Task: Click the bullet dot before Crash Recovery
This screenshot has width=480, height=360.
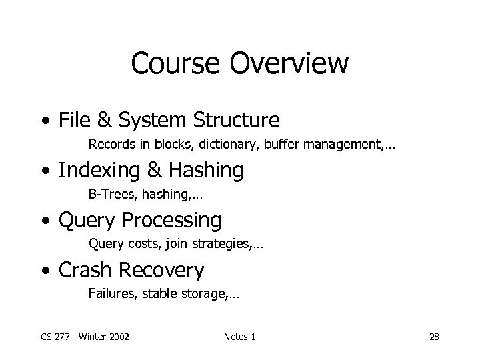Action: tap(45, 271)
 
